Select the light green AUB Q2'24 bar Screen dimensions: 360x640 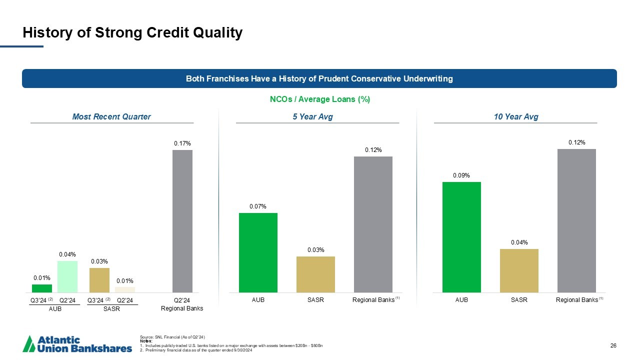pos(67,276)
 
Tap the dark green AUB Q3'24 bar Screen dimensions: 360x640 pos(42,288)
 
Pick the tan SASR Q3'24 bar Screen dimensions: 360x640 pos(99,280)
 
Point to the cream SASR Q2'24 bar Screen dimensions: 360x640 pos(125,289)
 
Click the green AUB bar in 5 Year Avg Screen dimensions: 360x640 pos(258,252)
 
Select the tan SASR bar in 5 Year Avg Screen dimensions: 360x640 pos(315,274)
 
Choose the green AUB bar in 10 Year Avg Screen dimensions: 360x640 pos(461,237)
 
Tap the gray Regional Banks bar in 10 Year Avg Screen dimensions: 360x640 pos(576,220)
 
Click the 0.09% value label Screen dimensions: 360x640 pos(461,175)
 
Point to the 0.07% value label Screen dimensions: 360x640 pos(258,206)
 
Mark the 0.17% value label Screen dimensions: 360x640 pos(182,144)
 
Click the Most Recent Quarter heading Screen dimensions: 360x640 pos(111,117)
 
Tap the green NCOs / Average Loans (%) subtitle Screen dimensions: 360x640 pos(320,99)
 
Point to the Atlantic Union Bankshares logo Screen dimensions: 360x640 pos(78,344)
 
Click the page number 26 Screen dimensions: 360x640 pos(614,346)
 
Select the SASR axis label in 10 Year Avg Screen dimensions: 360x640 pos(519,300)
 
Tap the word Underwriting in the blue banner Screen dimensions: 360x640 pos(428,78)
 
